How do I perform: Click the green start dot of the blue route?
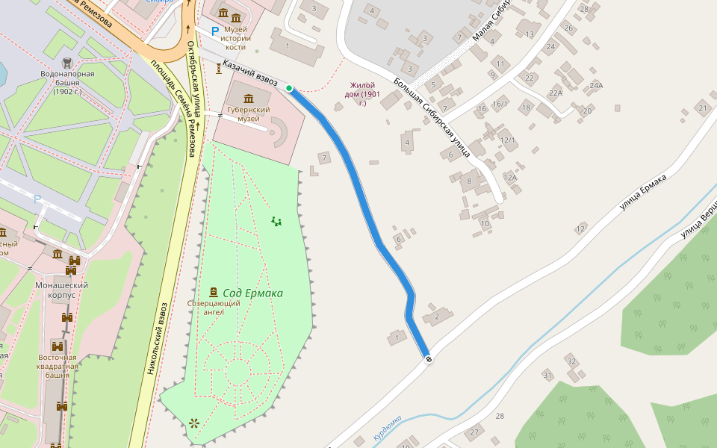(x=289, y=88)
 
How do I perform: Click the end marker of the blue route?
(x=428, y=359)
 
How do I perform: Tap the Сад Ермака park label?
(x=253, y=293)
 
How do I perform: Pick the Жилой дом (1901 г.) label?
(x=362, y=94)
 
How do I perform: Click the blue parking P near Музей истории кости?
(x=215, y=31)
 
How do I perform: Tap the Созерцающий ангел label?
(x=214, y=308)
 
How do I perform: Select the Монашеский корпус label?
(x=62, y=290)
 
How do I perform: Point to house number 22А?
(x=555, y=93)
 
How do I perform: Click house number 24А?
(x=595, y=85)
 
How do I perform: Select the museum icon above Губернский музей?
(x=249, y=98)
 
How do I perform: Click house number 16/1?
(x=500, y=104)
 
